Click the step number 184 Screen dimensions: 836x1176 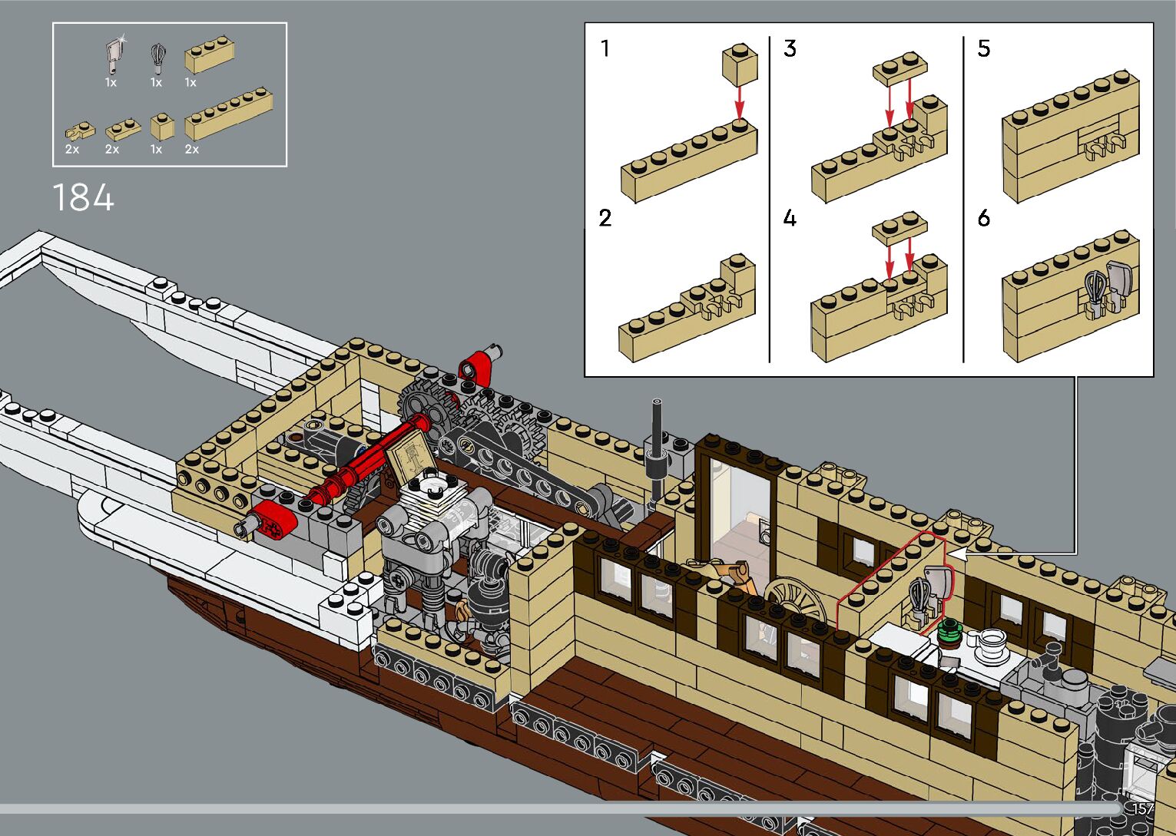(x=83, y=197)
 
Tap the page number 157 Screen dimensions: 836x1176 (x=1142, y=808)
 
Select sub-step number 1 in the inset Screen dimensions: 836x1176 (x=605, y=49)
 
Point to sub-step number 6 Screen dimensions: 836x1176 (x=984, y=219)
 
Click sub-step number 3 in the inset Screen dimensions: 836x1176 (x=790, y=49)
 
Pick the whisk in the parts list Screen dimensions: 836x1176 (x=157, y=58)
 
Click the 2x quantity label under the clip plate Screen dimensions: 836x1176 (x=72, y=149)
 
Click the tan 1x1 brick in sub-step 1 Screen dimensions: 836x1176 (x=739, y=64)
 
